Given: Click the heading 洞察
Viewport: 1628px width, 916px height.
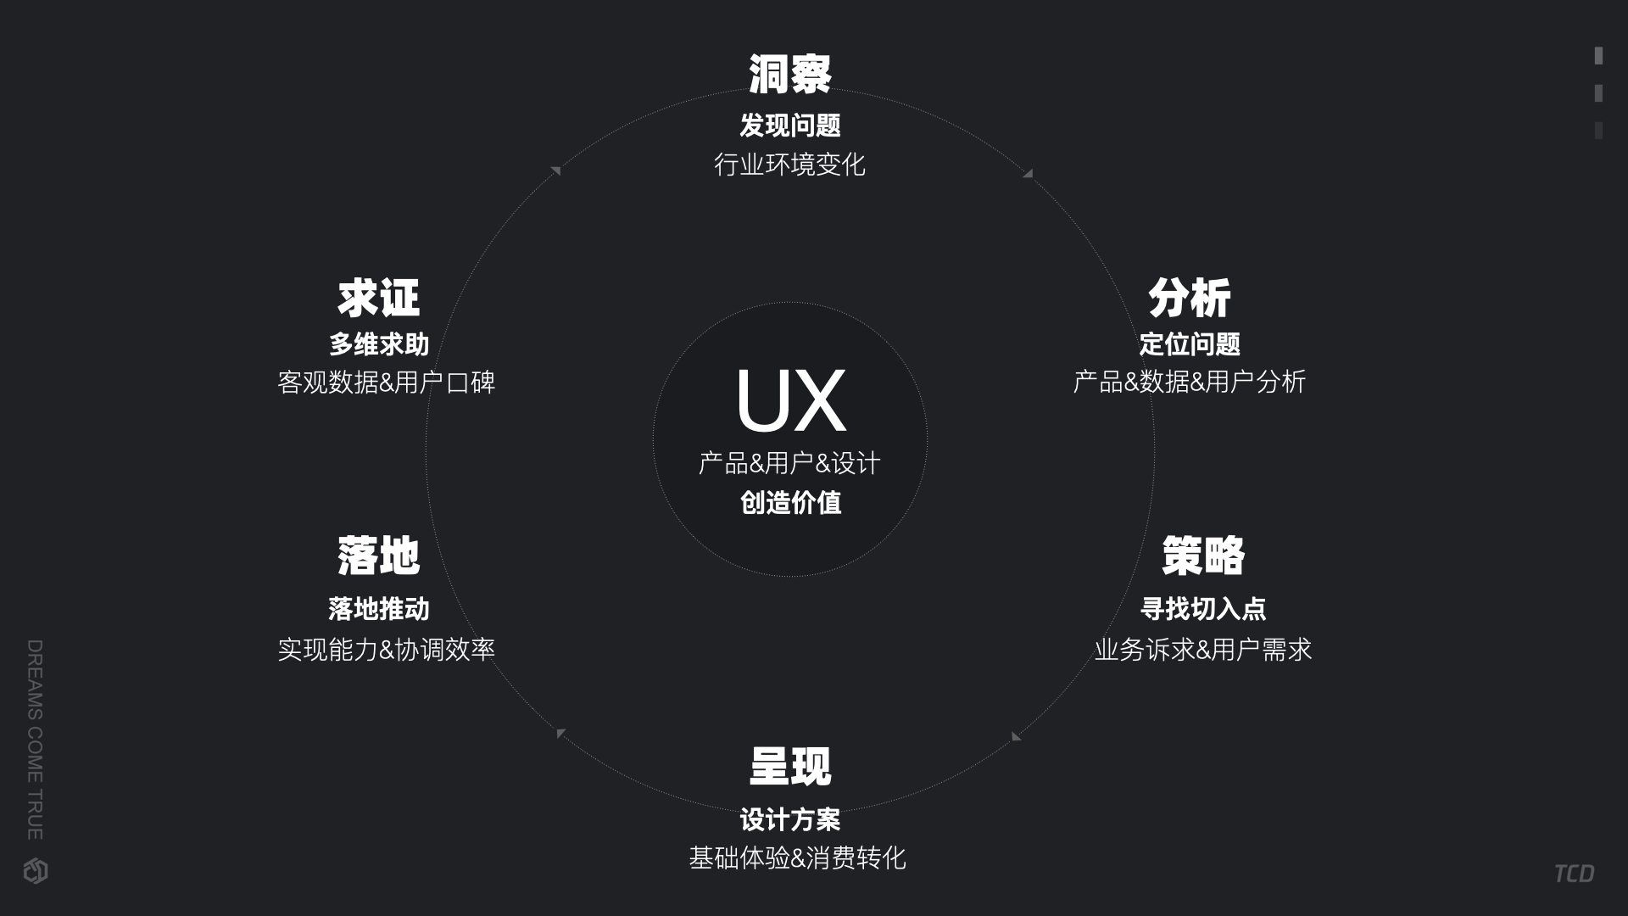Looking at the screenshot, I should (789, 74).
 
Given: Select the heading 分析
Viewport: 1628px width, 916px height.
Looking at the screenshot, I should (1189, 298).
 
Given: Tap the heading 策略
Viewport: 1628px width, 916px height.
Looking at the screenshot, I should (1202, 556).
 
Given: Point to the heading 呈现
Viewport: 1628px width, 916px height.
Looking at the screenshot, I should (790, 767).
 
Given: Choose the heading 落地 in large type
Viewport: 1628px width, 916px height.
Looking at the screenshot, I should (378, 556).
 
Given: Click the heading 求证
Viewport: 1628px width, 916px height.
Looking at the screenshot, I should (378, 298).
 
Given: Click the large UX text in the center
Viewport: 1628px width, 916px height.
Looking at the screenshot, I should (790, 401).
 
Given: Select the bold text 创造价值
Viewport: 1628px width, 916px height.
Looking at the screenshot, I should (790, 503).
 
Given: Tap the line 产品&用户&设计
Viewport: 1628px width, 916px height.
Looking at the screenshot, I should (789, 463).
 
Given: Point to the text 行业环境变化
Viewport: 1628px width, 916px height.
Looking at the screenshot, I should (789, 165).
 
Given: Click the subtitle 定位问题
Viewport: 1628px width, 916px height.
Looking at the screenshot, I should (1189, 344).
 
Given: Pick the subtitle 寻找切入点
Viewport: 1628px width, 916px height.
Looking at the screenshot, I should (1202, 609).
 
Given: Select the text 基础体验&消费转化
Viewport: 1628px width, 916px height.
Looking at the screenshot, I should (797, 858).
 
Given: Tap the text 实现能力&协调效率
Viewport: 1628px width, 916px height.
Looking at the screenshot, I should (386, 650).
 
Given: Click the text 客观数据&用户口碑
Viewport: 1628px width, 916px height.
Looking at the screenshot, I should (386, 383).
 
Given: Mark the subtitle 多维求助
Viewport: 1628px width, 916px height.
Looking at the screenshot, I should (378, 344).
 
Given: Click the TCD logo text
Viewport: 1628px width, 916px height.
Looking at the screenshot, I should (1574, 874).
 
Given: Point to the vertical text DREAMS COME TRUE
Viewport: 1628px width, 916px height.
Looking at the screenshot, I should (35, 740).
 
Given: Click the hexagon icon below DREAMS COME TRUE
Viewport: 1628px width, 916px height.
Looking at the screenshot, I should (36, 871).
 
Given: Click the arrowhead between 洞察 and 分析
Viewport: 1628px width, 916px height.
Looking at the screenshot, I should (1028, 173).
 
